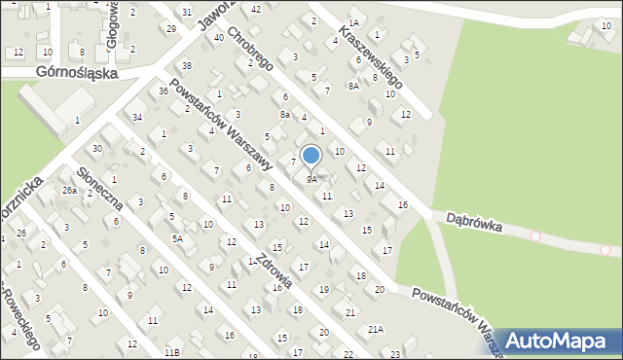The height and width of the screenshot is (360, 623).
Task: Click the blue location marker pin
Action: tap(311, 156)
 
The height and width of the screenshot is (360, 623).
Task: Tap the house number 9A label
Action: tap(311, 180)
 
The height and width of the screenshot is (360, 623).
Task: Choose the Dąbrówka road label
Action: tap(475, 223)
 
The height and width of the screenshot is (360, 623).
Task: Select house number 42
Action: tap(256, 9)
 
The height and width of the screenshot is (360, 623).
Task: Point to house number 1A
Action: tap(353, 21)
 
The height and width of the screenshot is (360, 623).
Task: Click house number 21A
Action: tap(376, 330)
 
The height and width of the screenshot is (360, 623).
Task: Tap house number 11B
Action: tap(172, 351)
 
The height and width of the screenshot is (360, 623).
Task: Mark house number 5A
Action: tap(178, 238)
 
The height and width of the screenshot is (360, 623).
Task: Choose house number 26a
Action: tap(70, 191)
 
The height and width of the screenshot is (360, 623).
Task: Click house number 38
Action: tap(187, 65)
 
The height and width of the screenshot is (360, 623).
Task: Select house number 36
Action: tap(164, 90)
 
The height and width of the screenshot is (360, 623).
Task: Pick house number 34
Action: tap(138, 117)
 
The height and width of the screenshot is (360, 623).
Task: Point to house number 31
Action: tap(187, 12)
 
